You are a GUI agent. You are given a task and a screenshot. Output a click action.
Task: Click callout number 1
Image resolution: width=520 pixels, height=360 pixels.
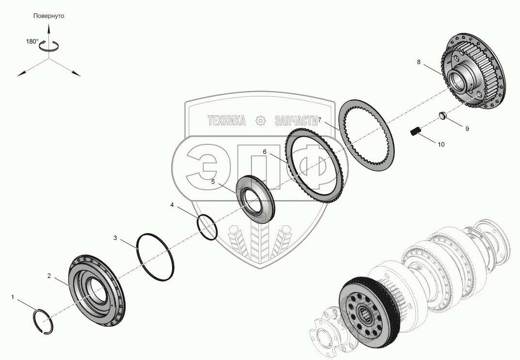click(x=13, y=297)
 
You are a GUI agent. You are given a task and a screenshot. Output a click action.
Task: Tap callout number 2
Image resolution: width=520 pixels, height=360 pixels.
click(x=49, y=276)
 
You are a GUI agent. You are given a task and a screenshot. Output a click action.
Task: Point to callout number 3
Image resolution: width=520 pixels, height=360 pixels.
click(x=115, y=237)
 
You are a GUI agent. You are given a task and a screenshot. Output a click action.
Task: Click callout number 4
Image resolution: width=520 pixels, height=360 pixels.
click(x=172, y=205)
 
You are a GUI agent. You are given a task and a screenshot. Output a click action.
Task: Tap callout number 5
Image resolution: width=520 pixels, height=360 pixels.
click(x=213, y=182)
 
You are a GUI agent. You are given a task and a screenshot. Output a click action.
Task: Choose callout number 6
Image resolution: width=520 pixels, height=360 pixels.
click(x=265, y=152)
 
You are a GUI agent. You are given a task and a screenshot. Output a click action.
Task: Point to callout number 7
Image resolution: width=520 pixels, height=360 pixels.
click(x=320, y=119)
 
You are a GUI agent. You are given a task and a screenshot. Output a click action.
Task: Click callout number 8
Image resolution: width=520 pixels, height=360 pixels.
click(x=418, y=62)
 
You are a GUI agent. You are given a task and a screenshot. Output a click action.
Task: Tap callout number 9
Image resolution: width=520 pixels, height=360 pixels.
click(x=467, y=129)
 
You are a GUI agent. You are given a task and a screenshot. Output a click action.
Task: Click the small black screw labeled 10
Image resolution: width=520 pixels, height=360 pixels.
click(x=415, y=130)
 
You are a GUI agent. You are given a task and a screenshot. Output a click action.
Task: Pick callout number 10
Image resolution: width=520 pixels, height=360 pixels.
click(x=441, y=144)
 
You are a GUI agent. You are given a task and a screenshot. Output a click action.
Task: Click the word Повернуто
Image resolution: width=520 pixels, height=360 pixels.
click(x=48, y=16)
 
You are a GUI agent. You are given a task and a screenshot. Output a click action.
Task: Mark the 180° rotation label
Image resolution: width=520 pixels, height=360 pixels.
click(x=32, y=42)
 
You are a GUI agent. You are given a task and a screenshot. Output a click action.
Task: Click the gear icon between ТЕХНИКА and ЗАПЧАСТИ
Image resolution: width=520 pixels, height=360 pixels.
click(x=260, y=121)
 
